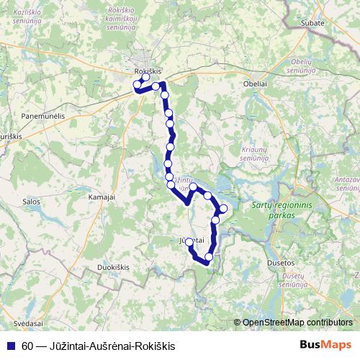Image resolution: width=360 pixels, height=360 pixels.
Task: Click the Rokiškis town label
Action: (148, 71)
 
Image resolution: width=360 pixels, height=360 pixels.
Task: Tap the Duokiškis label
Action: (114, 267)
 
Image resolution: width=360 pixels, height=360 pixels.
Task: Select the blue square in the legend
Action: (10, 346)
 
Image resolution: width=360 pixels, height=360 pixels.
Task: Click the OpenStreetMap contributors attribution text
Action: (297, 323)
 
